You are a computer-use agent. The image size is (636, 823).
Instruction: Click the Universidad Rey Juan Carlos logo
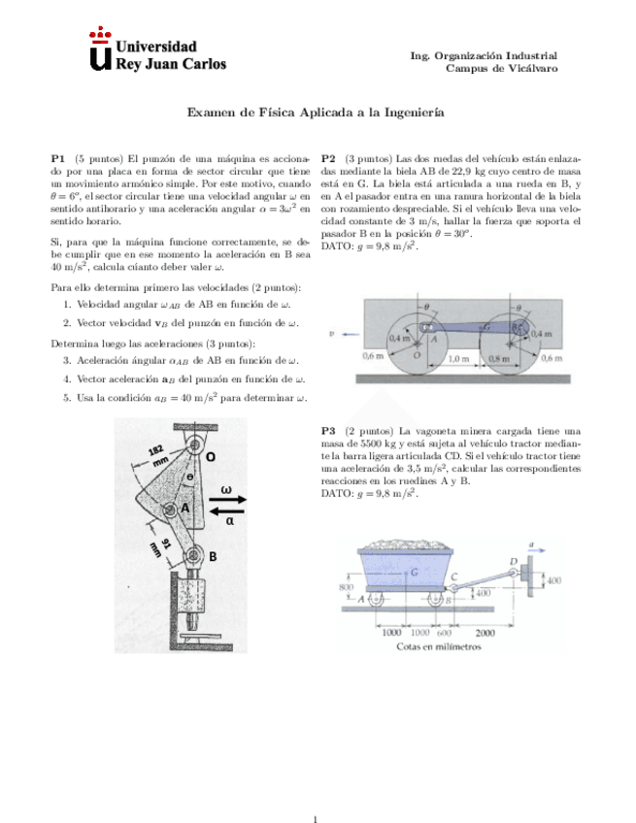156,54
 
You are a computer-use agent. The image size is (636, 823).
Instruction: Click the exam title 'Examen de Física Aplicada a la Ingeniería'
316,113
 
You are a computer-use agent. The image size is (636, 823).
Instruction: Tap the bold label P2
328,157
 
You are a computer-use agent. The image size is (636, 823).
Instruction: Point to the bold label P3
328,430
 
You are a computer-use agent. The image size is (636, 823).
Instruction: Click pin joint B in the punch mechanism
194,556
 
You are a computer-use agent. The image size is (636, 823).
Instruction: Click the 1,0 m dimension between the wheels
457,357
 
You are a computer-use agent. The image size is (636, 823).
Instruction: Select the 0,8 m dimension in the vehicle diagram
498,357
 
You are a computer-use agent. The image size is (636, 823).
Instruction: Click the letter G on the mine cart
415,575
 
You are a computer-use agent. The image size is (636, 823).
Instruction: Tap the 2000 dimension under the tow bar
499,632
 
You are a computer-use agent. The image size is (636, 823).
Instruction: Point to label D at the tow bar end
513,562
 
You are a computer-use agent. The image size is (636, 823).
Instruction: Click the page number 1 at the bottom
317,793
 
